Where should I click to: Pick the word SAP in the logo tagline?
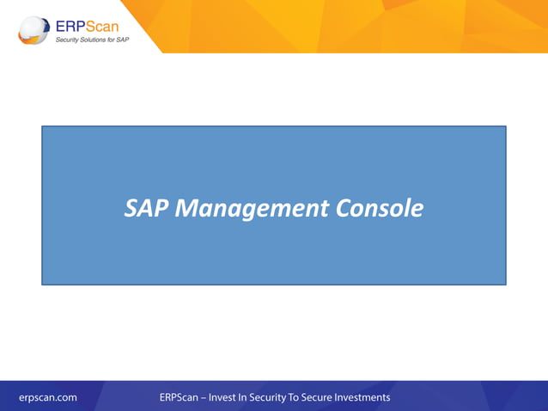point(125,40)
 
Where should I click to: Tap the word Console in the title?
point(380,208)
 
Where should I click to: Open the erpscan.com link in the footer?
point(48,397)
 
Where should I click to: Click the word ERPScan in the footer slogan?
point(178,397)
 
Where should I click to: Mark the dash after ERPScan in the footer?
point(202,397)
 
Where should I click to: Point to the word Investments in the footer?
point(368,397)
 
